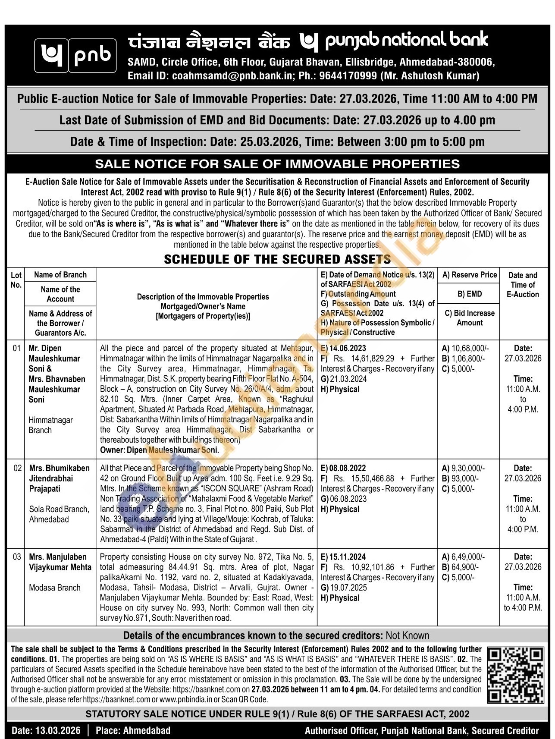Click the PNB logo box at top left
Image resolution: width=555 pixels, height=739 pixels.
pyautogui.click(x=75, y=55)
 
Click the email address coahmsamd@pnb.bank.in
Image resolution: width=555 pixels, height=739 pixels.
pyautogui.click(x=233, y=76)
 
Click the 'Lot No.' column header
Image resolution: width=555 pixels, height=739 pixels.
pyautogui.click(x=16, y=280)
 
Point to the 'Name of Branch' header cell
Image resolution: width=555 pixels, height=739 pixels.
pyautogui.click(x=60, y=275)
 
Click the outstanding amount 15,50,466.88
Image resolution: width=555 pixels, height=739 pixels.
pyautogui.click(x=367, y=478)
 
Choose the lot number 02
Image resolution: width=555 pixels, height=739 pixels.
pyautogui.click(x=17, y=468)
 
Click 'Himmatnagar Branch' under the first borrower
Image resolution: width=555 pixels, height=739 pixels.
pyautogui.click(x=51, y=425)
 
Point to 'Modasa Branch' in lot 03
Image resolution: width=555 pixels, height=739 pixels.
pyautogui.click(x=55, y=588)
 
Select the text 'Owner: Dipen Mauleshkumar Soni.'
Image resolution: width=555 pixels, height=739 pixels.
pyautogui.click(x=160, y=450)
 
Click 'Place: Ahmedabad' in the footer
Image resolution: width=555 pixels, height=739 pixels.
pyautogui.click(x=133, y=730)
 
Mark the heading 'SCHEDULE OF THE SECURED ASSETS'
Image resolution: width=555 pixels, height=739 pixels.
pyautogui.click(x=277, y=259)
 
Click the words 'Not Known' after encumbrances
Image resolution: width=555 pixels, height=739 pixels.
pyautogui.click(x=408, y=635)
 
